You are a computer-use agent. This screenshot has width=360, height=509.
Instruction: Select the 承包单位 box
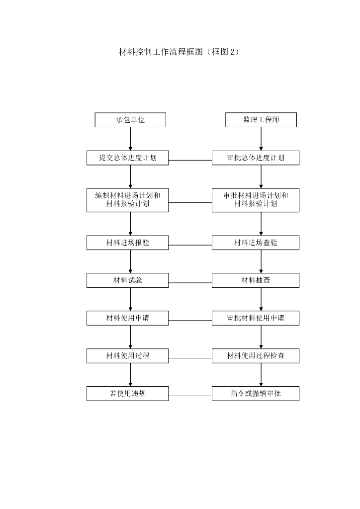click(130, 120)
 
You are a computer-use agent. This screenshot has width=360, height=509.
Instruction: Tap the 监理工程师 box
click(261, 120)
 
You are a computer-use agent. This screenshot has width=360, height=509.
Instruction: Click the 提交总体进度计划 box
click(128, 158)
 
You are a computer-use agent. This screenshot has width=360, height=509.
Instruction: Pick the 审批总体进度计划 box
click(256, 158)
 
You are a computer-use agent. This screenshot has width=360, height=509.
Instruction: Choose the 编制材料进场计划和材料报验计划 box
click(128, 200)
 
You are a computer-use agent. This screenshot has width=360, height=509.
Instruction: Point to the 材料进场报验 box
click(128, 243)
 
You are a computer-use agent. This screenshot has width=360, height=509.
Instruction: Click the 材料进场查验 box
click(256, 243)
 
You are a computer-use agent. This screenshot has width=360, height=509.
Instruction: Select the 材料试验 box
click(128, 280)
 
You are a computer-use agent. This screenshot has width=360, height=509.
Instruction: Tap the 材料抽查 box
click(256, 280)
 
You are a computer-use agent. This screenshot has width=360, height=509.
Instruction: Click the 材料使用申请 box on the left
click(128, 318)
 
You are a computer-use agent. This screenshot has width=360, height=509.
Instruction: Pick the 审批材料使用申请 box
click(256, 318)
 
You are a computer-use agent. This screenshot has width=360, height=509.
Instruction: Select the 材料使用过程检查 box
click(256, 356)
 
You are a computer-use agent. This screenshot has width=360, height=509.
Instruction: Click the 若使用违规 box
click(128, 394)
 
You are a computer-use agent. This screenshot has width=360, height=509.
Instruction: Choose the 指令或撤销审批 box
click(256, 394)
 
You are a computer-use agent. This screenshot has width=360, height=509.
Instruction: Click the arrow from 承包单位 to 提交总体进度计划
click(130, 139)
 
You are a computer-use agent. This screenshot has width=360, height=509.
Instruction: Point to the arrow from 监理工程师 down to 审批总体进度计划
click(261, 139)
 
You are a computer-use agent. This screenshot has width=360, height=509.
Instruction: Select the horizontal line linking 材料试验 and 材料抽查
click(190, 283)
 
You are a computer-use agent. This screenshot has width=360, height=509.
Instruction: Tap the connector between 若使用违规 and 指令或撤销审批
click(190, 396)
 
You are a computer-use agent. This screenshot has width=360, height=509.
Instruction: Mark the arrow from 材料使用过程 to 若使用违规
click(130, 375)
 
